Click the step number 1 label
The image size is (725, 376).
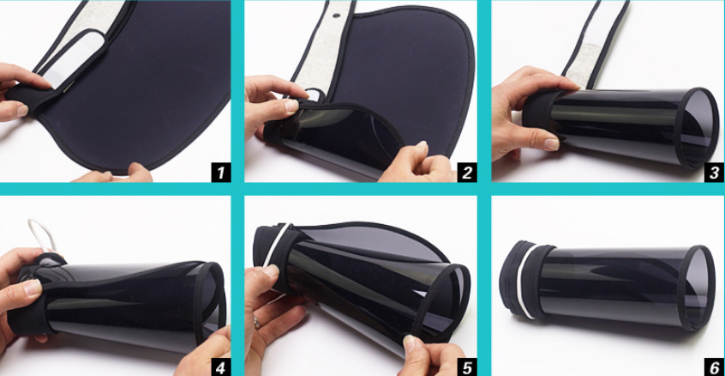[220, 173]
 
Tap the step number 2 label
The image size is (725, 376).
[467, 173]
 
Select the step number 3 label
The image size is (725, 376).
[715, 173]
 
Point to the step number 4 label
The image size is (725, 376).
[220, 367]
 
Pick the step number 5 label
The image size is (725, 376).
[467, 367]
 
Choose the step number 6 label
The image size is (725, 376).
[715, 367]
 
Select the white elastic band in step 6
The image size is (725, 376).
[524, 281]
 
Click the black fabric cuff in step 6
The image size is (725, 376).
[527, 280]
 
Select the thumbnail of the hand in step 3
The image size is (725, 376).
[551, 144]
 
